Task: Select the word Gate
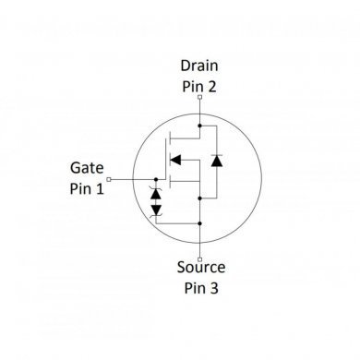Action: [87, 168]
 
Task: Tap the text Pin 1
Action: [87, 188]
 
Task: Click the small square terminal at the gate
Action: [109, 178]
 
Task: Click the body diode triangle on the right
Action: [216, 161]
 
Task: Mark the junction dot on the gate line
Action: [155, 178]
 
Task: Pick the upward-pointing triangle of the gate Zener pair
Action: [155, 195]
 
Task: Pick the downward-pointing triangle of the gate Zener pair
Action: [155, 210]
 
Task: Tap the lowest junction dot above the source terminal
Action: [198, 224]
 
